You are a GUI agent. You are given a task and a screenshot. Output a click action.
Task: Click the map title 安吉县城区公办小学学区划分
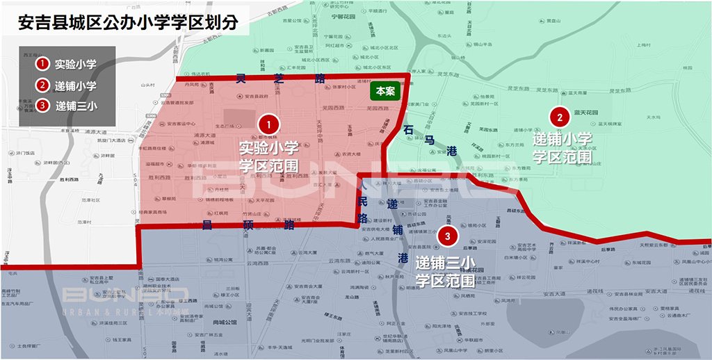pos(129,22)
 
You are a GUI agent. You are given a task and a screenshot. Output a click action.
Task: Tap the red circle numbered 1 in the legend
pos(43,64)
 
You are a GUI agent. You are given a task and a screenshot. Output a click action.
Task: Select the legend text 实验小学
pos(76,64)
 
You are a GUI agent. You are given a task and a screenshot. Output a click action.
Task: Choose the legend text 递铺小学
pos(76,85)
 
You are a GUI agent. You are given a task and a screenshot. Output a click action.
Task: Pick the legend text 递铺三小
pos(76,106)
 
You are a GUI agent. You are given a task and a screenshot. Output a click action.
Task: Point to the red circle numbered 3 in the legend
pos(43,106)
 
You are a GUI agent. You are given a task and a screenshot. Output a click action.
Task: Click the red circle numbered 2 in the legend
pos(43,85)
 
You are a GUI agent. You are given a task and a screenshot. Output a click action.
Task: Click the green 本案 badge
pos(385,90)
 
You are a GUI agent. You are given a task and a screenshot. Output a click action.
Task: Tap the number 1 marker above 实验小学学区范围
pos(268,125)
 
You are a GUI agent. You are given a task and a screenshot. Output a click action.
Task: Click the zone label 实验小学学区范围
pos(268,156)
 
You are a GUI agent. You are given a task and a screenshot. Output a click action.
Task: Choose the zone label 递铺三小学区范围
pos(445,272)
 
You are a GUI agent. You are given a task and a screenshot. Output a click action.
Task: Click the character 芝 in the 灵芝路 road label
pos(281,79)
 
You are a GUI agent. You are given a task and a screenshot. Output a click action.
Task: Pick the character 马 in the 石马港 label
pos(430,141)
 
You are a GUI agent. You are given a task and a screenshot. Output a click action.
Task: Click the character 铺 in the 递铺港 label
pos(397,230)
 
